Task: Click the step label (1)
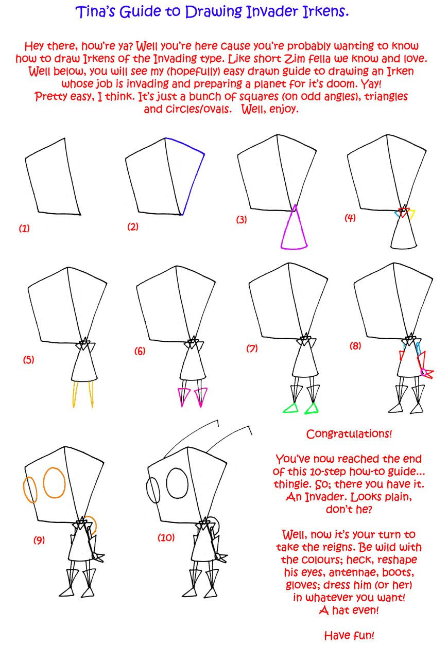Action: (x=24, y=229)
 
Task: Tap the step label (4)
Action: (x=350, y=218)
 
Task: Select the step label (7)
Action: (x=252, y=348)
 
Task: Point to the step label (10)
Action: (x=166, y=537)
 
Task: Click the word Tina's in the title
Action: (x=95, y=12)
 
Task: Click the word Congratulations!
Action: (x=349, y=434)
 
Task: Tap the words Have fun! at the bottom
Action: (x=349, y=635)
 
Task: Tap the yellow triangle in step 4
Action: (x=412, y=214)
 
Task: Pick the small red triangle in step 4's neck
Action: (x=404, y=212)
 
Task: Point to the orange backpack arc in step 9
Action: (x=95, y=525)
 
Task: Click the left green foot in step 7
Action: (x=291, y=409)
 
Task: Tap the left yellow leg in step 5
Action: (x=74, y=394)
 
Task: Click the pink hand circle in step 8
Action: (x=423, y=372)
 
